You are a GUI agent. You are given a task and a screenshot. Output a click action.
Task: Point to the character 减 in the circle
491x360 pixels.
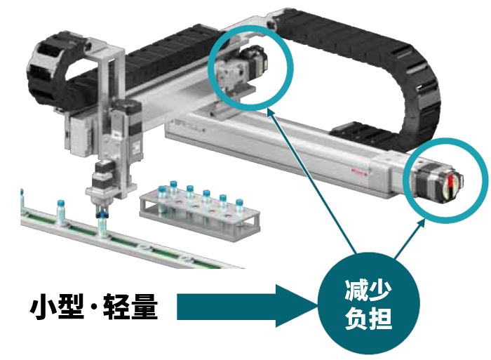(x=357, y=290)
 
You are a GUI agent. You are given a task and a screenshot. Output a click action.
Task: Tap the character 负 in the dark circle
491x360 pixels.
(x=357, y=318)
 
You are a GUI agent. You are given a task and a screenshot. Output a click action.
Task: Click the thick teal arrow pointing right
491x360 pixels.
(x=248, y=306)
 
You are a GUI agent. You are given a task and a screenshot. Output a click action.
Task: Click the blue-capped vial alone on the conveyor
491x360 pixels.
(x=60, y=213)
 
